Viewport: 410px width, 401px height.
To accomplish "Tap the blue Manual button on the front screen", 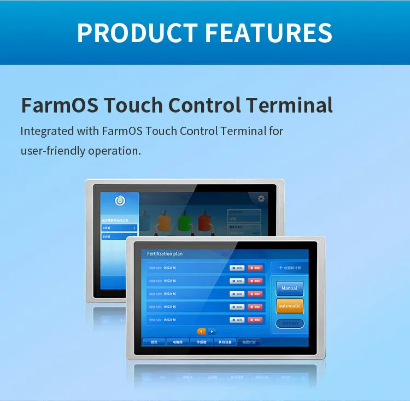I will point(289,288).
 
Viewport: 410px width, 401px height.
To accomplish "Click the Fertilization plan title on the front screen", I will point(165,254).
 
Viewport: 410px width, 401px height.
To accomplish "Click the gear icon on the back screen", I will point(261,198).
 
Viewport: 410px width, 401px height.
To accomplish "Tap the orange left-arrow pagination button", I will point(201,331).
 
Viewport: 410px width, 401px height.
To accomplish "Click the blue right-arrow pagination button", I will point(212,331).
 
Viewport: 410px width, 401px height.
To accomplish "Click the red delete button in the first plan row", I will point(254,268).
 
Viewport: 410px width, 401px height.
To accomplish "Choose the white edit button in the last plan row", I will point(237,320).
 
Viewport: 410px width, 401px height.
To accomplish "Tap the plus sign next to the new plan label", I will point(281,268).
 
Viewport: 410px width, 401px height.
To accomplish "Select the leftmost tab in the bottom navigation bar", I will point(154,342).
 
